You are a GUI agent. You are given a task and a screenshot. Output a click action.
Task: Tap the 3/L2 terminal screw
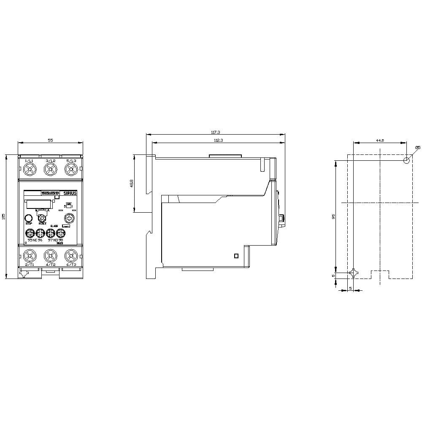(x=50, y=170)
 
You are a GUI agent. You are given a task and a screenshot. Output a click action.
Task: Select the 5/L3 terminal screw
(x=70, y=170)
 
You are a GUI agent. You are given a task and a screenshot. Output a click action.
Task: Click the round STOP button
(x=29, y=218)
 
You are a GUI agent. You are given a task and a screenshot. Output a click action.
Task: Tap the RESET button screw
(x=42, y=218)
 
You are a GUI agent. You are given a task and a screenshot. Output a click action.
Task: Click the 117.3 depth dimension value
(x=215, y=132)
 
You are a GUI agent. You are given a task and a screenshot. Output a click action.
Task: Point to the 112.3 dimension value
(x=218, y=140)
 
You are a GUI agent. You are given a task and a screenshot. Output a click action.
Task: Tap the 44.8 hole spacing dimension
(x=379, y=140)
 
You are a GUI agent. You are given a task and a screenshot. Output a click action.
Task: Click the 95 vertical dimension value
(x=333, y=216)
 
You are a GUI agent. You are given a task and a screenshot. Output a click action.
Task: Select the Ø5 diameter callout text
(x=417, y=147)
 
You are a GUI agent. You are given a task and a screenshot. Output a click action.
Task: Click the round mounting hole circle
(x=406, y=160)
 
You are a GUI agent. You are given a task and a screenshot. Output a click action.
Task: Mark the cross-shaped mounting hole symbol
(x=353, y=273)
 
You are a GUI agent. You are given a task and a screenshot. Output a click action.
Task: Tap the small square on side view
(x=236, y=255)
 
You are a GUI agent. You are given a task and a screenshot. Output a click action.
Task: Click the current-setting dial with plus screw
(x=69, y=218)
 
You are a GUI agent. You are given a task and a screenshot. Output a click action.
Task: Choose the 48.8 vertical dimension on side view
(x=132, y=184)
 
